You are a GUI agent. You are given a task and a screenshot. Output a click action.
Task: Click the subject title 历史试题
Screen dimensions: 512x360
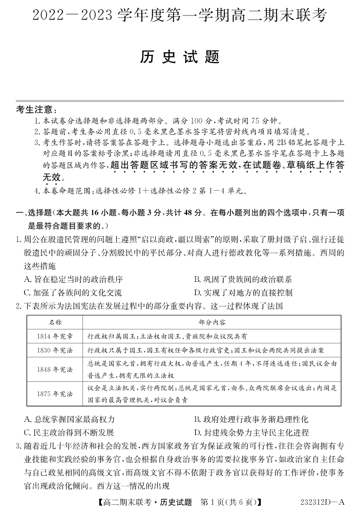point(180,57)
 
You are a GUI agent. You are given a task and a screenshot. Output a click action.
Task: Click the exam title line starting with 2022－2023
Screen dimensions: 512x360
point(180,16)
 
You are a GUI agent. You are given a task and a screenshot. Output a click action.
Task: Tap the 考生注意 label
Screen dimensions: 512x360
point(37,109)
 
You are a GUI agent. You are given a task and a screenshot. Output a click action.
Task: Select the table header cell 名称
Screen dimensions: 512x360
point(55,322)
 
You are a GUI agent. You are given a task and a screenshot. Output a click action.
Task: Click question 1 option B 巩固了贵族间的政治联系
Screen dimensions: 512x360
point(243,279)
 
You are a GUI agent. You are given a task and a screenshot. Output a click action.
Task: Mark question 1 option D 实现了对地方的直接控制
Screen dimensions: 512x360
point(243,293)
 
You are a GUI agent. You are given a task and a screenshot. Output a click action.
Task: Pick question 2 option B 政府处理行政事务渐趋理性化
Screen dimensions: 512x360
point(251,419)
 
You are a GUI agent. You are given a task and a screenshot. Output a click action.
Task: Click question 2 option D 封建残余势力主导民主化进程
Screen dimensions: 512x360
point(251,433)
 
